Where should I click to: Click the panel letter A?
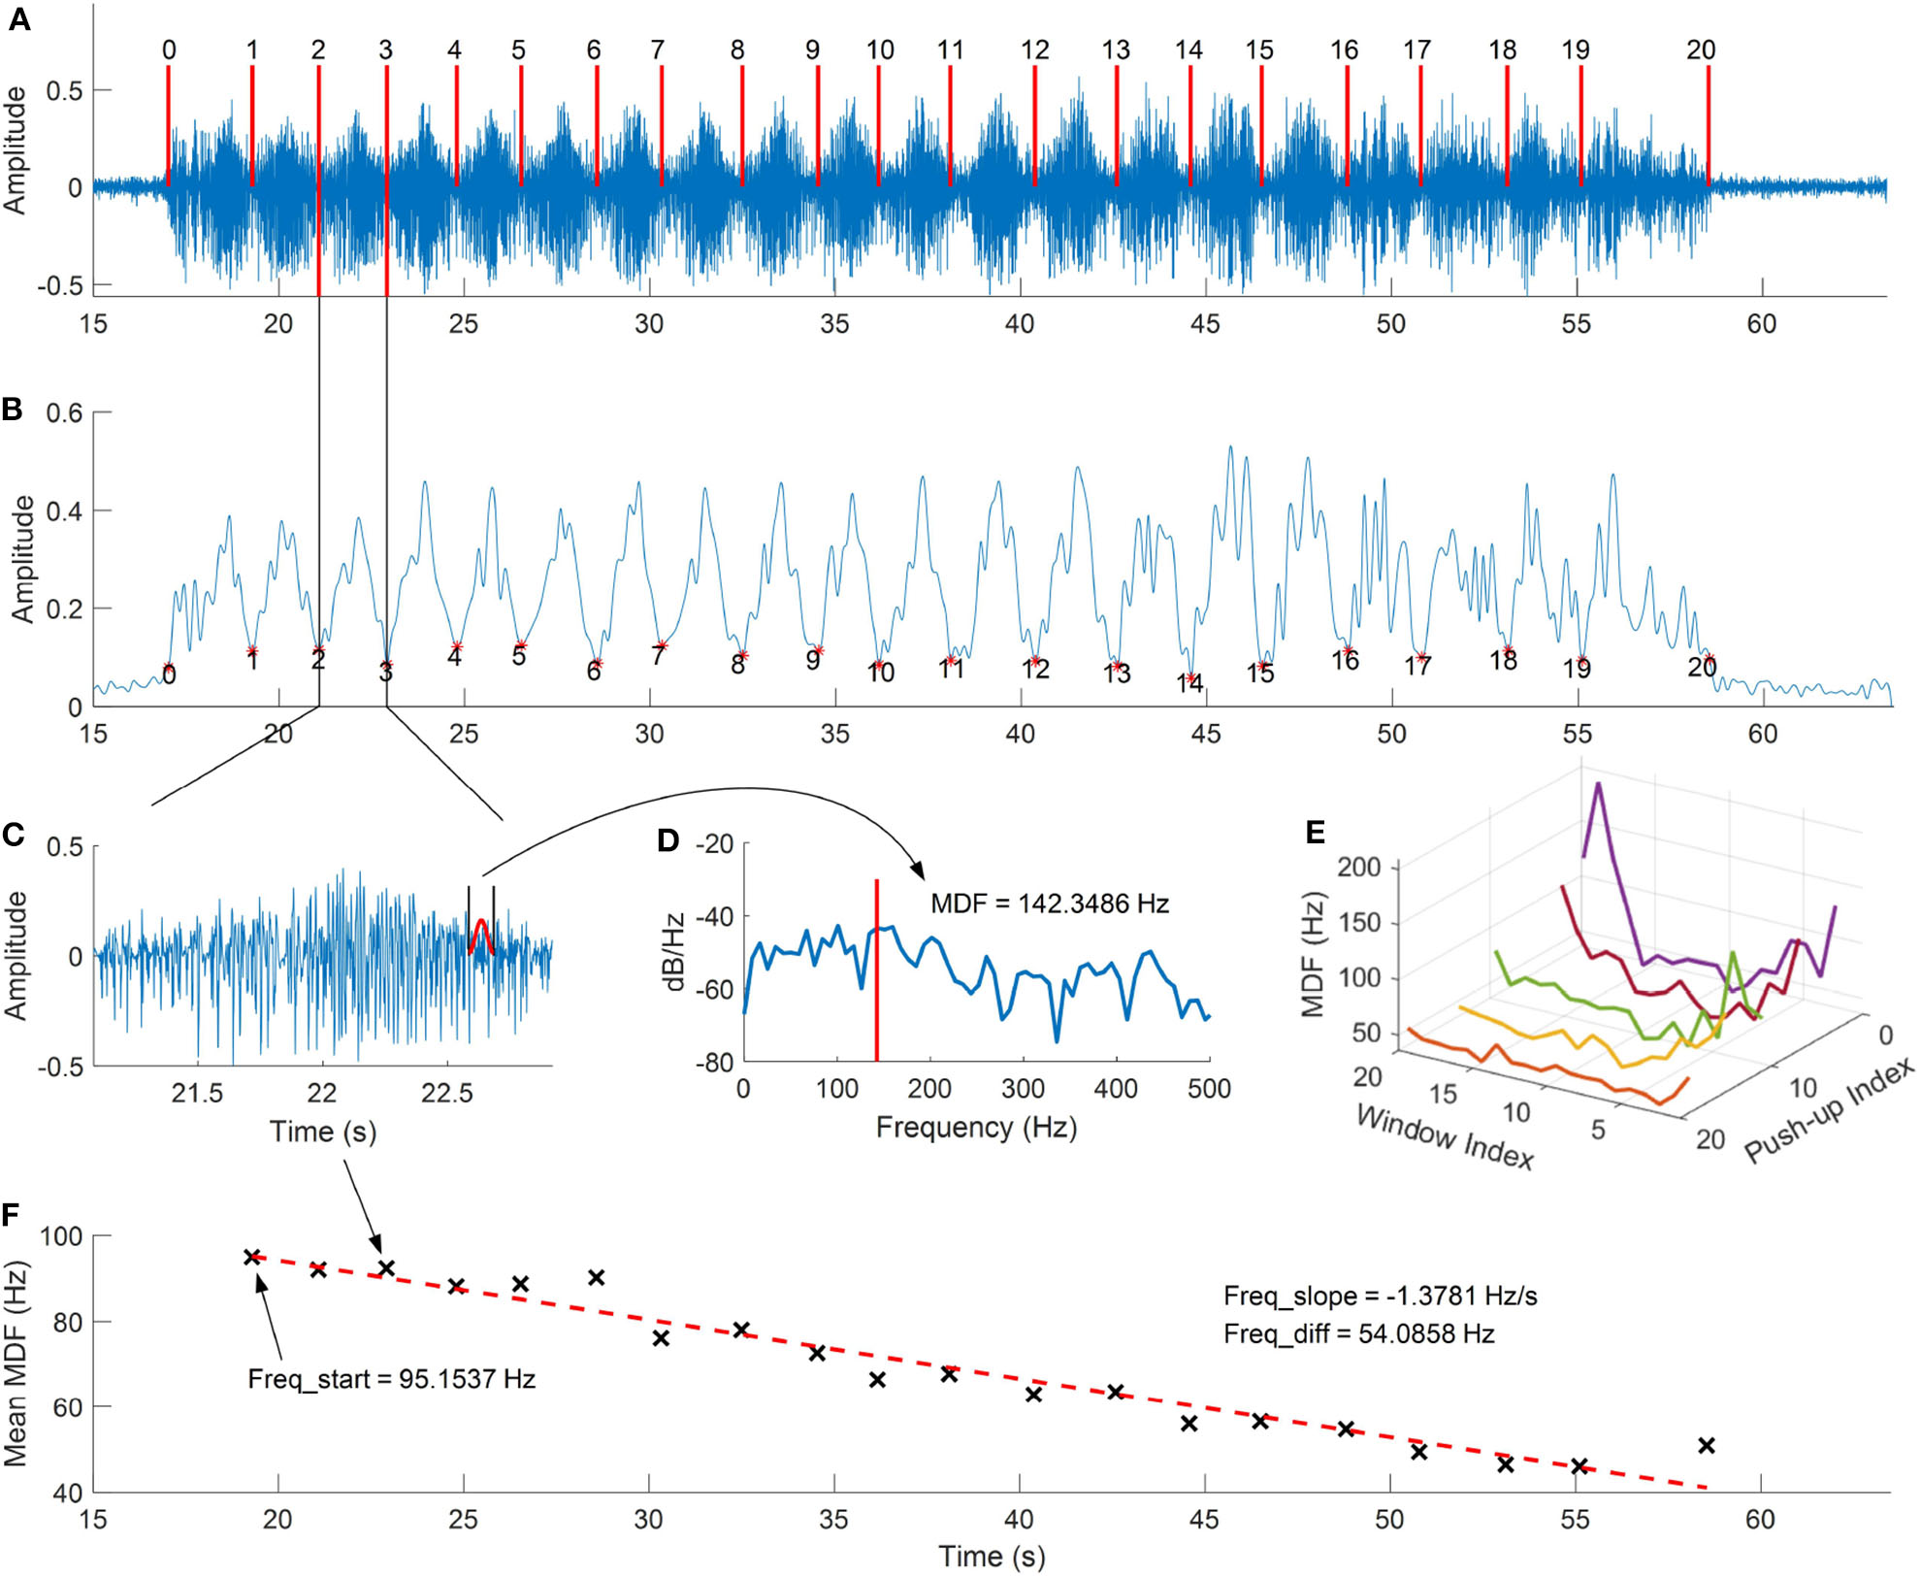[x=18, y=19]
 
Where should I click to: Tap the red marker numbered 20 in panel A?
[x=1708, y=126]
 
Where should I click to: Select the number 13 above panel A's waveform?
[x=1116, y=50]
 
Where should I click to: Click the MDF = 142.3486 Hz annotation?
[x=1049, y=903]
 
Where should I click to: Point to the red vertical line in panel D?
[x=876, y=970]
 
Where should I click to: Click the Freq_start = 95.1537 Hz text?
[x=391, y=1379]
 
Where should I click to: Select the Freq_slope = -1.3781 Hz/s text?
[x=1380, y=1296]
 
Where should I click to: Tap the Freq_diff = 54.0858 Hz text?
[x=1358, y=1333]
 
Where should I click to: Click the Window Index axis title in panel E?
[x=1444, y=1136]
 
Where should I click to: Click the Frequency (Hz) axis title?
[x=976, y=1127]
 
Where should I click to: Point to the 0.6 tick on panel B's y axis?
[x=64, y=412]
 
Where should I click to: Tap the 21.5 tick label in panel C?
[x=197, y=1094]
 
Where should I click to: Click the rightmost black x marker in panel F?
[x=1707, y=1446]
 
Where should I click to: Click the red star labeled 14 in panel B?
[x=1190, y=678]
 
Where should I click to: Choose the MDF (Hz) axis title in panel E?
[x=1313, y=953]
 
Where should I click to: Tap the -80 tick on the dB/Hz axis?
[x=714, y=1063]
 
